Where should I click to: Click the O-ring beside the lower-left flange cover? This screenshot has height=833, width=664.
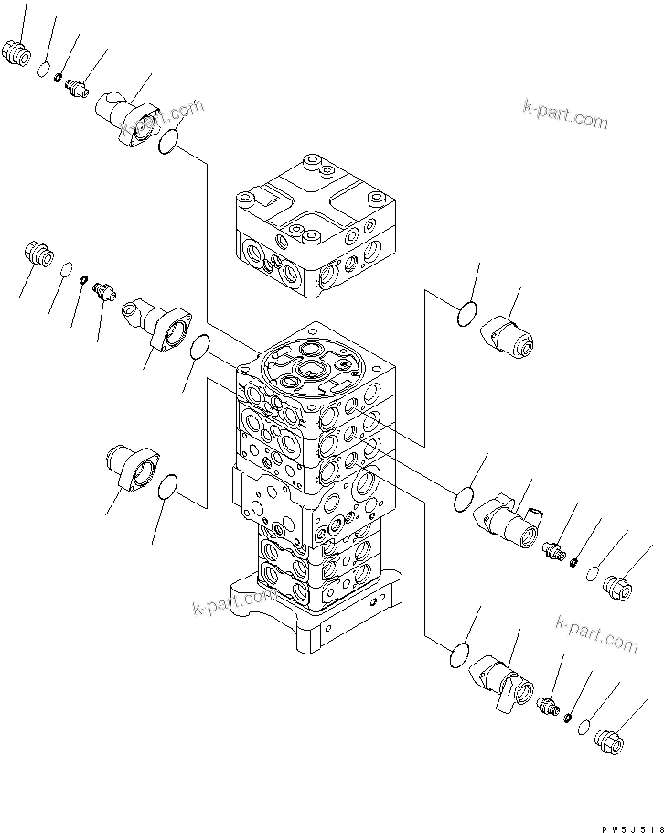click(166, 490)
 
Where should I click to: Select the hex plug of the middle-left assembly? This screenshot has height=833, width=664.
click(37, 253)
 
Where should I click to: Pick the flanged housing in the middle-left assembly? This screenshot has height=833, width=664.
click(160, 323)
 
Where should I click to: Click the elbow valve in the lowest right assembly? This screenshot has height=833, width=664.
click(504, 685)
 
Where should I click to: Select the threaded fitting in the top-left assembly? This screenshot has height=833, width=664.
click(77, 87)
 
